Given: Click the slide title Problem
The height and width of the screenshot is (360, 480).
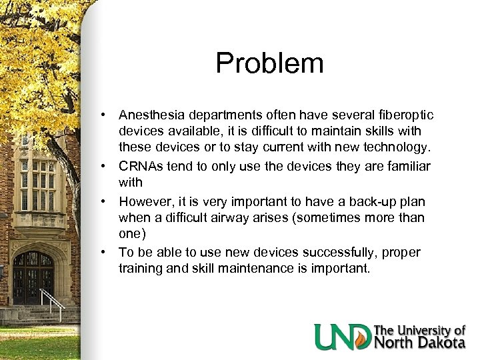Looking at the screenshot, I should click(x=269, y=63).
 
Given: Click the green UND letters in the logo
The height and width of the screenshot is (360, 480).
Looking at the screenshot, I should click(x=343, y=336).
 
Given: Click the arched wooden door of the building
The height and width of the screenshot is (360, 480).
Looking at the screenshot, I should click(x=33, y=277).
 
